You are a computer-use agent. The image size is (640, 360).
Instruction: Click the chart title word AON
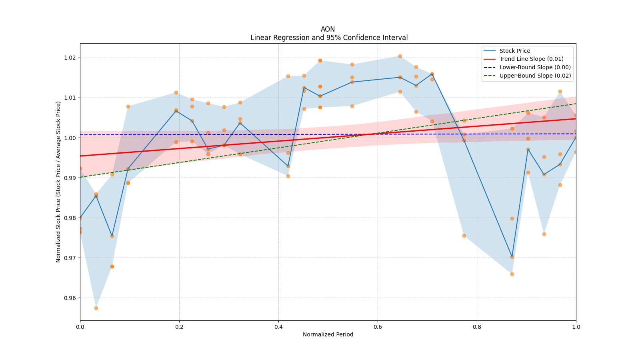pos(328,30)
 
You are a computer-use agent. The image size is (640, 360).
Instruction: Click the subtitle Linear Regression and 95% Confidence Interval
pos(329,38)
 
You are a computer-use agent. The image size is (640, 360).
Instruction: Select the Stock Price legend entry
pos(514,51)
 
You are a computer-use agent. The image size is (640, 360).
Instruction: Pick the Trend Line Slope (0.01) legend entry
pos(531,59)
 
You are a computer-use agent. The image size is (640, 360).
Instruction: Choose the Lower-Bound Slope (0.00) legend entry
pos(535,68)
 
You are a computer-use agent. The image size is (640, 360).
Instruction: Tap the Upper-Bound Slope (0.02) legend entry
pos(535,76)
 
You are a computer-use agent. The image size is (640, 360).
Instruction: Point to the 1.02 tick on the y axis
pos(70,58)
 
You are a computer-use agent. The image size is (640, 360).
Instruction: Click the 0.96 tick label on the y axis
pos(70,298)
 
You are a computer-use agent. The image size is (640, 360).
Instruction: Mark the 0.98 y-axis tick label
pos(70,218)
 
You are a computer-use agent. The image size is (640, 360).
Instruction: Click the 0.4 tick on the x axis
pos(278,327)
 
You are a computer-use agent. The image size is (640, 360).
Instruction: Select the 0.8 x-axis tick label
pos(477,327)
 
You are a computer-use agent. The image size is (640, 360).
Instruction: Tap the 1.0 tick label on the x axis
pos(576,327)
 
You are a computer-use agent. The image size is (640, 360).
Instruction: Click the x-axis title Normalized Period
pos(328,335)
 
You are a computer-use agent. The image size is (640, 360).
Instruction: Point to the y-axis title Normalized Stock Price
pos(58,182)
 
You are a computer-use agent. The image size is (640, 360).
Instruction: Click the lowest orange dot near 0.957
pos(96,308)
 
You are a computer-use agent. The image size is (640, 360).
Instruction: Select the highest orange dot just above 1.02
pos(400,56)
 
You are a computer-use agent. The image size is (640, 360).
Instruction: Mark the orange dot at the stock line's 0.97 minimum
pos(512,257)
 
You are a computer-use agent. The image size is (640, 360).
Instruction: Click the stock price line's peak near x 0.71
pos(432,74)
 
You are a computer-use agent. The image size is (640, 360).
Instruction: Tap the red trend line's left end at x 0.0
pos(80,156)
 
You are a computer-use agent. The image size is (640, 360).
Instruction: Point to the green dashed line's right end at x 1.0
pos(576,104)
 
